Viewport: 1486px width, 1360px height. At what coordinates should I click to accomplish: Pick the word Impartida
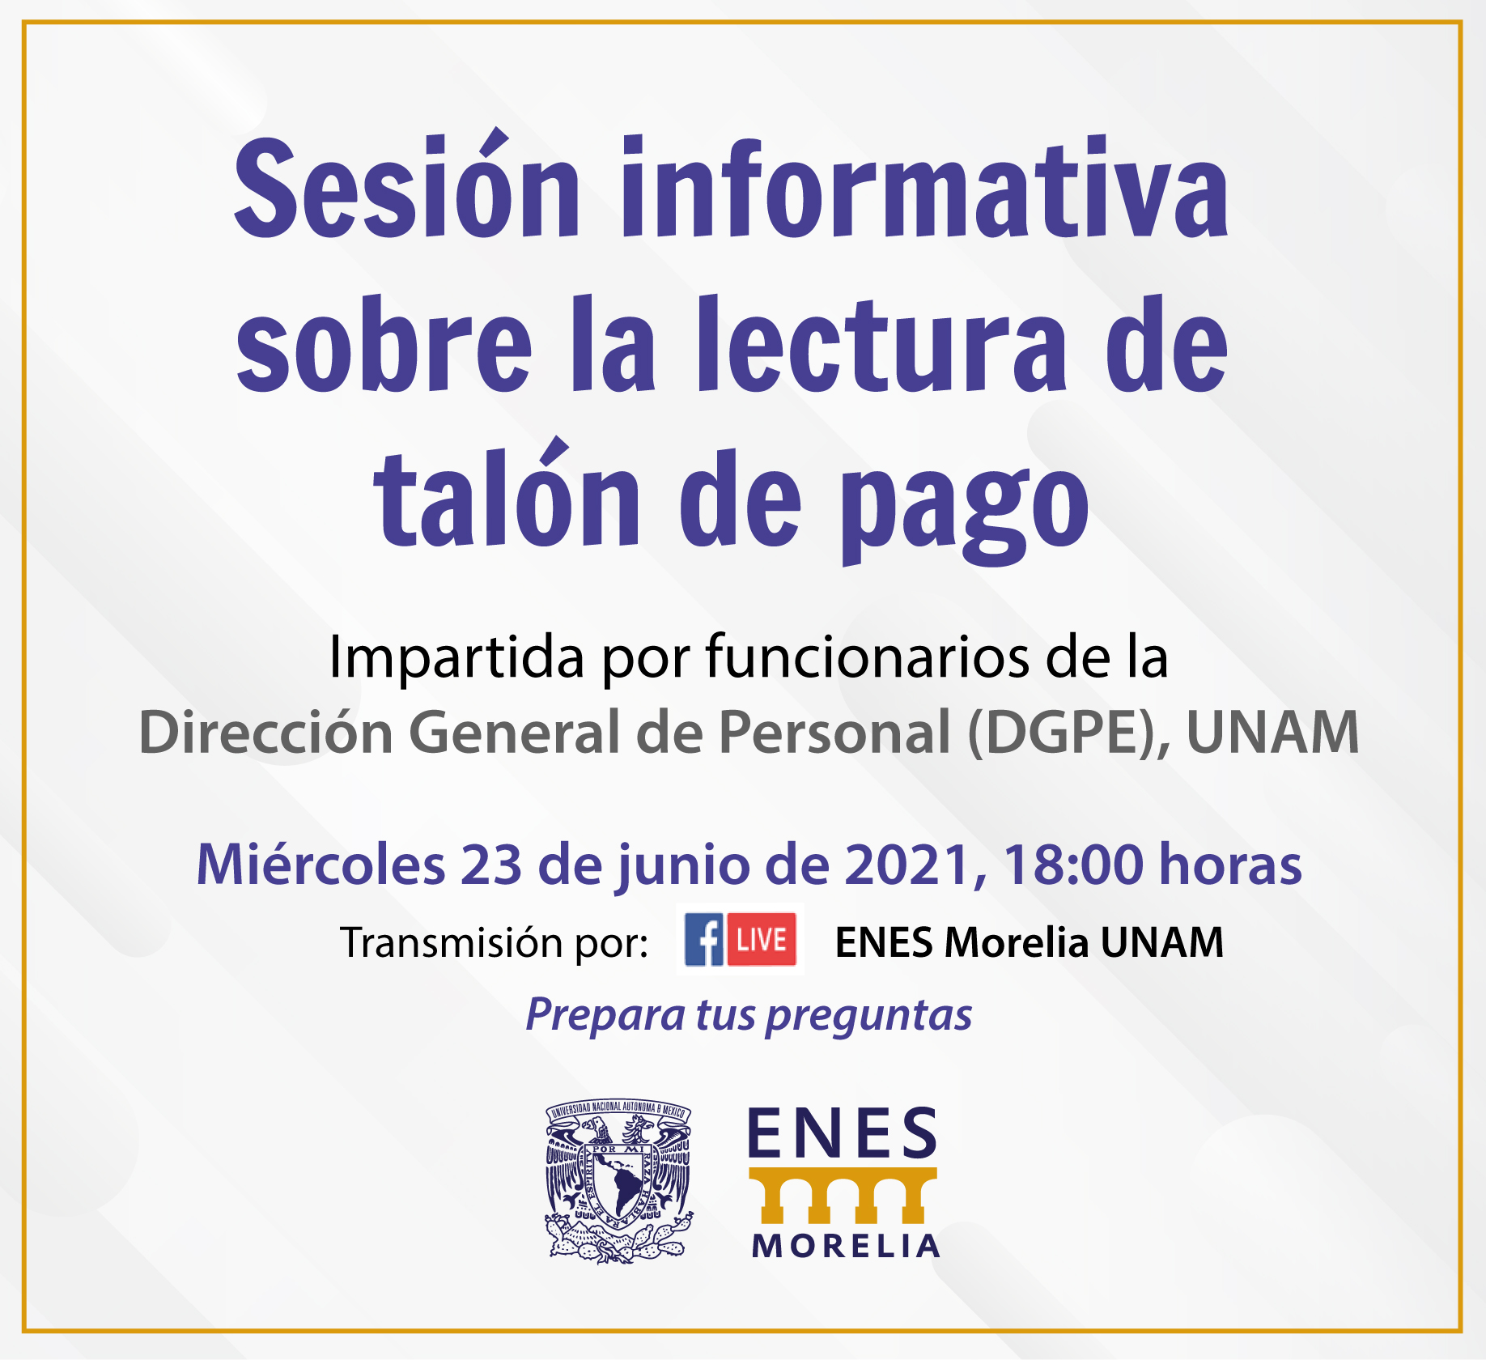click(456, 658)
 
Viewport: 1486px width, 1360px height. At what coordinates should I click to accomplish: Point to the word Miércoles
click(321, 864)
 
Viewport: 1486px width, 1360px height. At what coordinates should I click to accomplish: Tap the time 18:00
click(1073, 865)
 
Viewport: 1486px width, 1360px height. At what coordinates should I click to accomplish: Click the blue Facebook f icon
click(704, 939)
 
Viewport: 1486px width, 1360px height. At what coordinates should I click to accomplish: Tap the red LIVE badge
click(762, 939)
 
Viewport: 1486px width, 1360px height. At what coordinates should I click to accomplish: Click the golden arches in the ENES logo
click(843, 1195)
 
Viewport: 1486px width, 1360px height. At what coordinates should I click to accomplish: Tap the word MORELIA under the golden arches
click(846, 1247)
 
